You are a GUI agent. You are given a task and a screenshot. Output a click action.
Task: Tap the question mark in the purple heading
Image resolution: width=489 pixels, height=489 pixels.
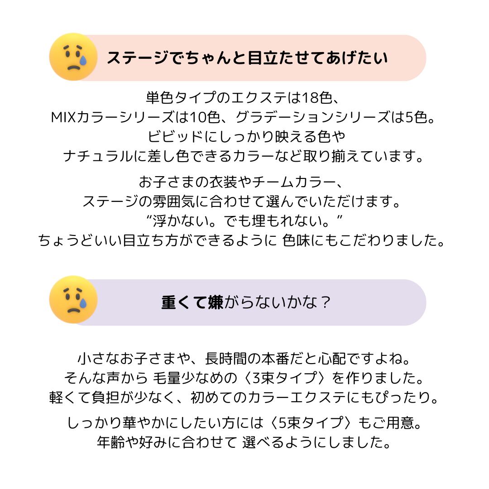(323, 302)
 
